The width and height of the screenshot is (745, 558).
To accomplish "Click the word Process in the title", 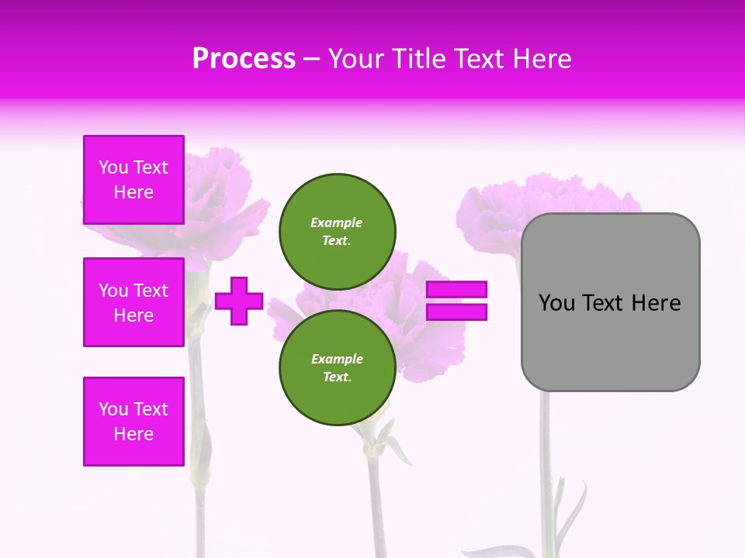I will tap(244, 59).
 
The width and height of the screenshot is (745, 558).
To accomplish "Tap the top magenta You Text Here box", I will tap(133, 180).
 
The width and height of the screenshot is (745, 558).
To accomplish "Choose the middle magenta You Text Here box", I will tap(133, 302).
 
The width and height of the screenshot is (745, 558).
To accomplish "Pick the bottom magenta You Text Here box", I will tap(133, 422).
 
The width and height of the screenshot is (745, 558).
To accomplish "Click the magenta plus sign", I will tap(239, 301).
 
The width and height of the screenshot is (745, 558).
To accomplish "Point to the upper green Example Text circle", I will tap(338, 231).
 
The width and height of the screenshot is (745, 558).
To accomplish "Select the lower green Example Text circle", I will tap(338, 367).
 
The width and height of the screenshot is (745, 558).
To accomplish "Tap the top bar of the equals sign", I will tap(457, 289).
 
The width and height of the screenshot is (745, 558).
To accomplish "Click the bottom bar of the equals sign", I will tap(457, 312).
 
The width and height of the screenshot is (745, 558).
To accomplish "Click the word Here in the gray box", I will tap(656, 303).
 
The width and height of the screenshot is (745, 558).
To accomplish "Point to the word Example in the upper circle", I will tap(337, 222).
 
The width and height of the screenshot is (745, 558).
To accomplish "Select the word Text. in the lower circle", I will tap(337, 377).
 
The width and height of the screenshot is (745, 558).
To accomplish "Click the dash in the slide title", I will tap(311, 59).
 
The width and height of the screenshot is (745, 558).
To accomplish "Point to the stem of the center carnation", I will tap(376, 496).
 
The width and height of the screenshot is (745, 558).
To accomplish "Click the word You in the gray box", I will tap(556, 303).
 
